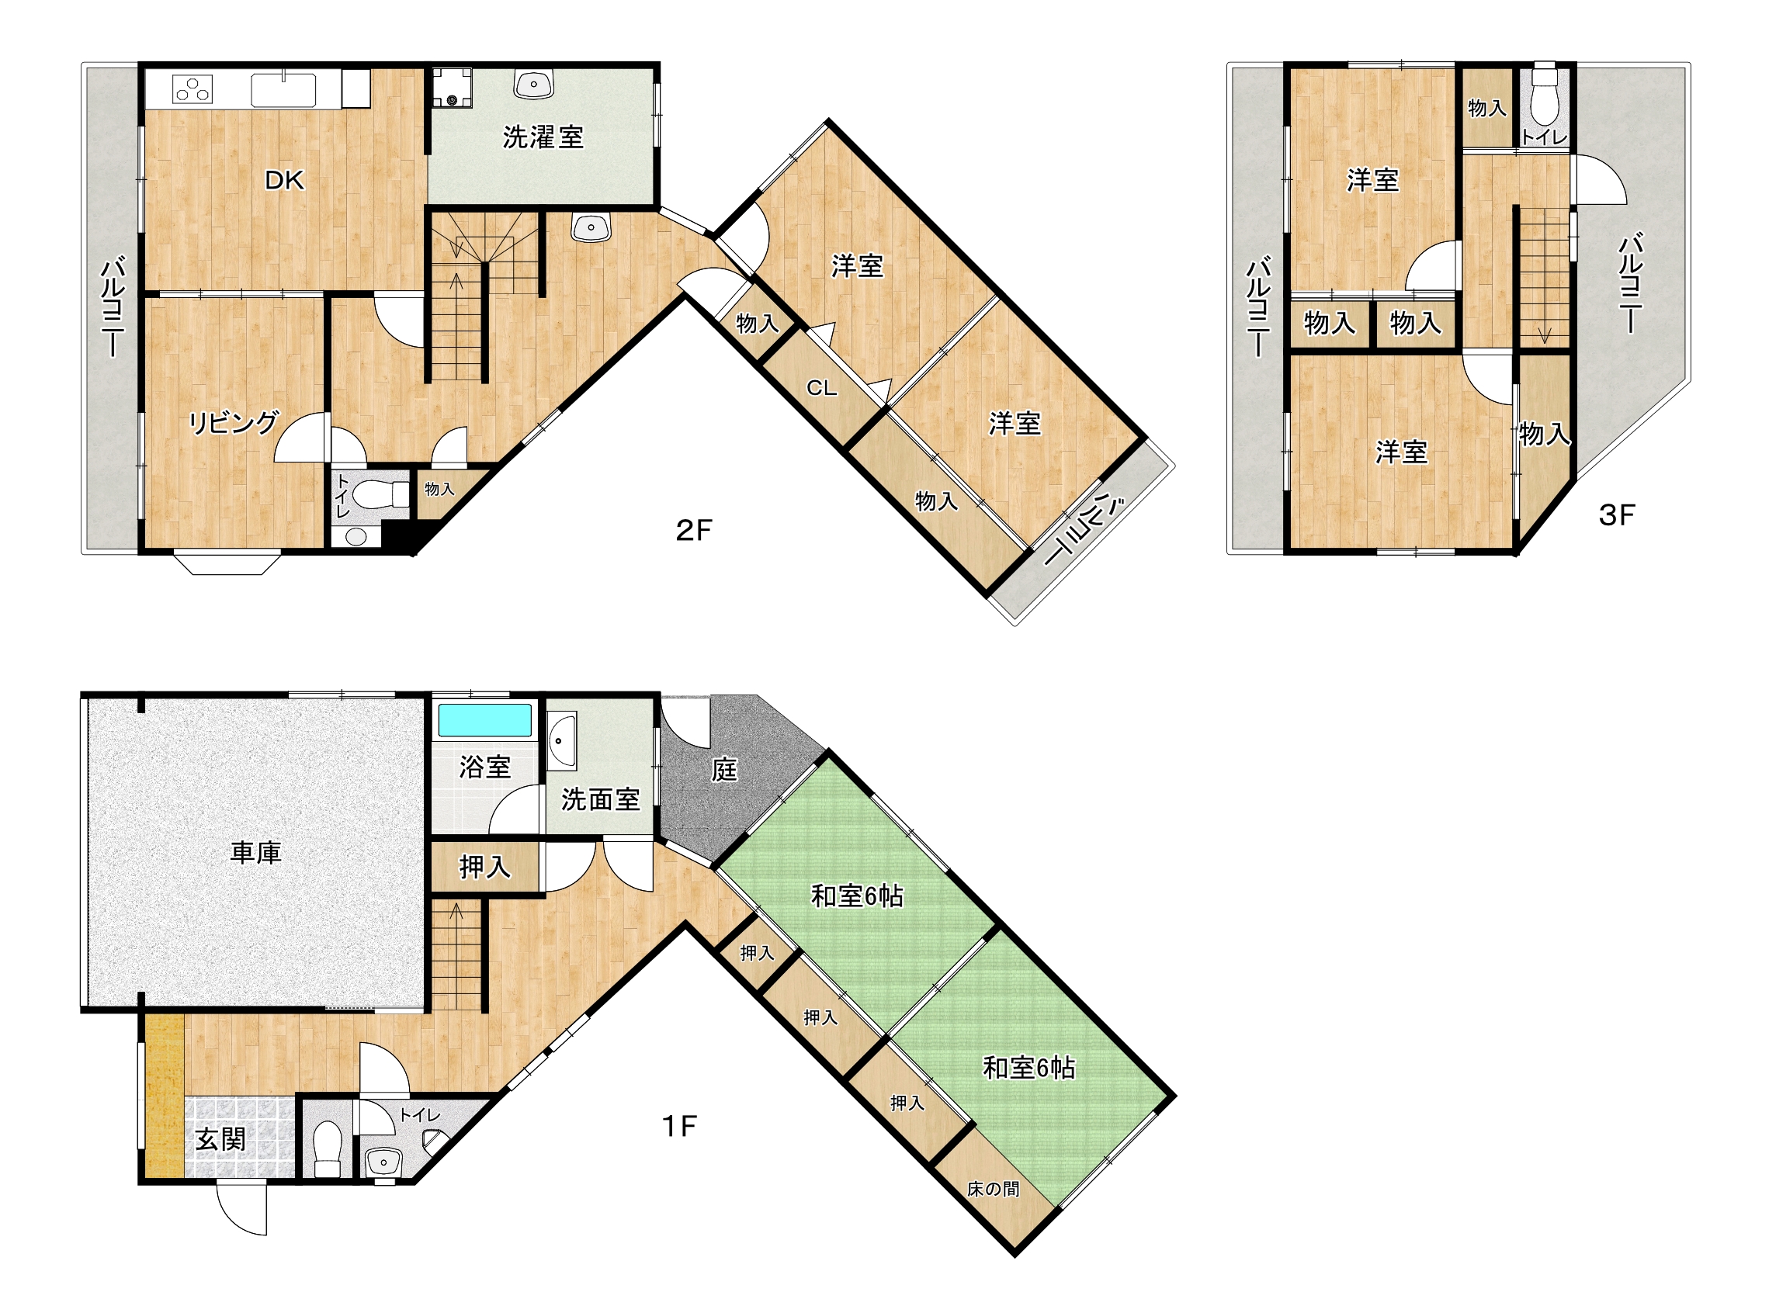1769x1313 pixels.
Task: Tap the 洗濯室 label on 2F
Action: [x=543, y=137]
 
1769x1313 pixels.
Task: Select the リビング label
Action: [x=234, y=422]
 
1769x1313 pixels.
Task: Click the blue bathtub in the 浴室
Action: [x=485, y=720]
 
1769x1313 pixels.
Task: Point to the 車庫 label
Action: [x=256, y=853]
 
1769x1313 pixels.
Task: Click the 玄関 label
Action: [x=220, y=1140]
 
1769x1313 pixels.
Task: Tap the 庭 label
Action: [x=723, y=768]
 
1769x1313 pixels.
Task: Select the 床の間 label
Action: [x=993, y=1188]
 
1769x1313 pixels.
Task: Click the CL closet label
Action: [x=821, y=388]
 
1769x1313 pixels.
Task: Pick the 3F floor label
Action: [x=1616, y=515]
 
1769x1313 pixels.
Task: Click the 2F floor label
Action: [x=693, y=530]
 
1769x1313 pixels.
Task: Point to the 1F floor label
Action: [x=680, y=1125]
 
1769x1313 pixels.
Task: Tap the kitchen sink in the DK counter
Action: [x=283, y=90]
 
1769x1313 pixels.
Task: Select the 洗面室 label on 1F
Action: [x=600, y=799]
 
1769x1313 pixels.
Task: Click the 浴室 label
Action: [x=485, y=767]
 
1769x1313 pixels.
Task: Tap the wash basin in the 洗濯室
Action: [x=534, y=84]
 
